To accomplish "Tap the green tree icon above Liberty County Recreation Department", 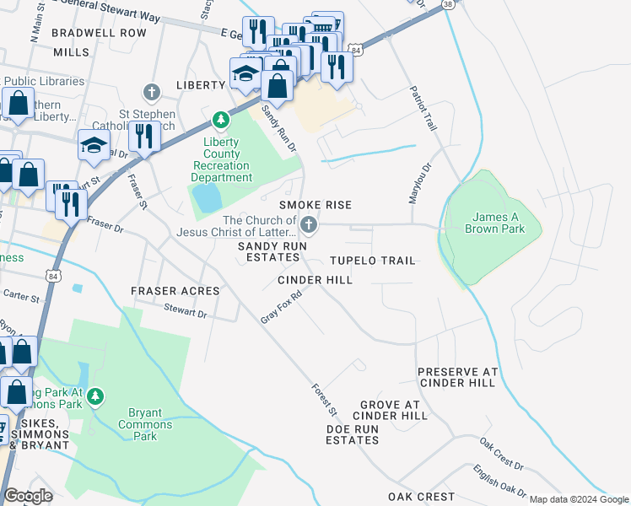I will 221,121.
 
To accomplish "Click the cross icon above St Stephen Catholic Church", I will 152,92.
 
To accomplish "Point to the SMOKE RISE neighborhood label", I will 315,205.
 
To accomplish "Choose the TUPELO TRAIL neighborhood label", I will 372,261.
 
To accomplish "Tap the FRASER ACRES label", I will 175,291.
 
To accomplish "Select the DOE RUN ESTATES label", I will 352,434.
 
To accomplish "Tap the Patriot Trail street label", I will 423,107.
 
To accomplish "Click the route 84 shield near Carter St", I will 54,276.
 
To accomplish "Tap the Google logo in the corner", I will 28,496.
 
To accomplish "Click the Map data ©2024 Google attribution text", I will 578,499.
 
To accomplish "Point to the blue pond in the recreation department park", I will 203,199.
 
